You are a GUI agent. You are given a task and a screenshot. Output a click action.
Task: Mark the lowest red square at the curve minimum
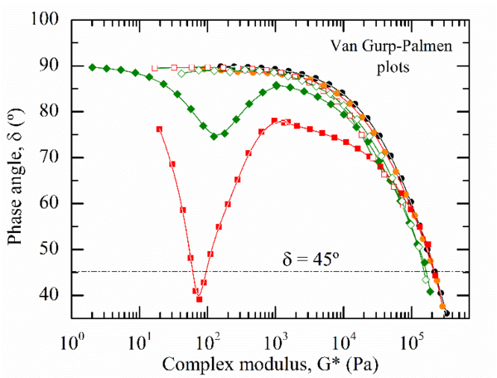click(200, 299)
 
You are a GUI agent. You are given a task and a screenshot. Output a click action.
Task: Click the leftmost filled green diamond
click(93, 67)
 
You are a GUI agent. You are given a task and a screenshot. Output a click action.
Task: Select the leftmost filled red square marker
click(159, 128)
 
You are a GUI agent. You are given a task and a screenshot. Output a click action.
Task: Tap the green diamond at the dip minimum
click(214, 136)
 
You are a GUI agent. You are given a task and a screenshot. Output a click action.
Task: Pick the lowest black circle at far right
click(447, 313)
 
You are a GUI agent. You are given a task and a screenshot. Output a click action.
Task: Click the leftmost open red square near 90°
click(155, 69)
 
